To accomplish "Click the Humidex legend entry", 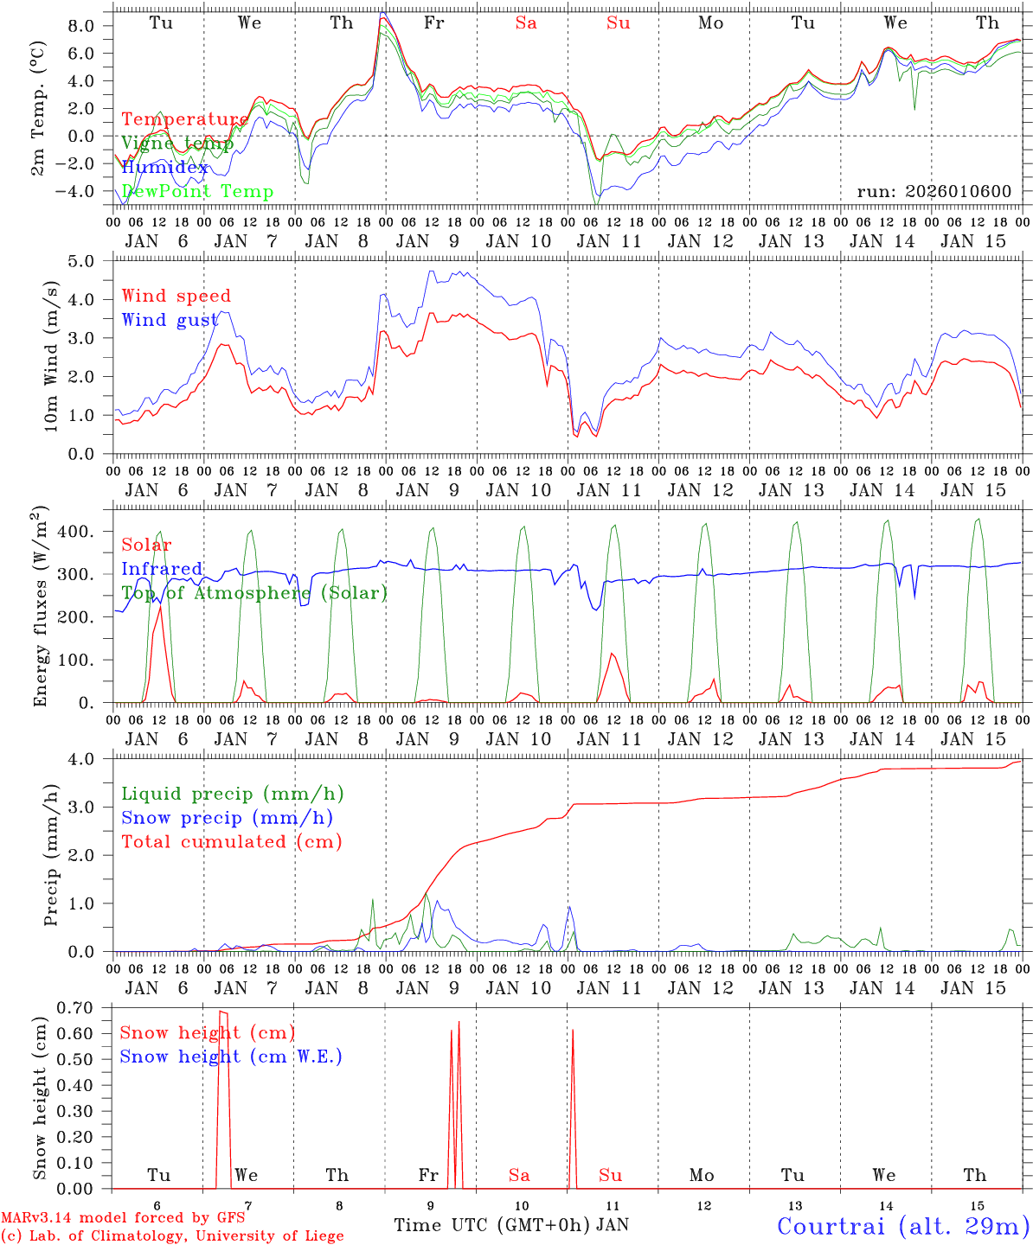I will click(x=164, y=168).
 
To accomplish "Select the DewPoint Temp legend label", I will click(x=197, y=191).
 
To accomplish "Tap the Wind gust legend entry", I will click(x=170, y=320).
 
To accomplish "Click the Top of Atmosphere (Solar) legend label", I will click(x=254, y=593).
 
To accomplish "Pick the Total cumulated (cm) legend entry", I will click(x=231, y=841).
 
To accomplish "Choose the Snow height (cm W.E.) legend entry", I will click(x=231, y=1057).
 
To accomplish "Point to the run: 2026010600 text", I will click(x=934, y=191).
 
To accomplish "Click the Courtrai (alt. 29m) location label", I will click(x=903, y=1225).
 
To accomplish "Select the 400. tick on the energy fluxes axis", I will click(x=80, y=532).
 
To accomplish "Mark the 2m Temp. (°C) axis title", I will click(x=38, y=108).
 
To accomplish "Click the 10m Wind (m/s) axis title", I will click(x=50, y=354).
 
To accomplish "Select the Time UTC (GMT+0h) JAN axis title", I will click(x=511, y=1225).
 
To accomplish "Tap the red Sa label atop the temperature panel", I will click(x=526, y=23).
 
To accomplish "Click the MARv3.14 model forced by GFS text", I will click(x=123, y=1217).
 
